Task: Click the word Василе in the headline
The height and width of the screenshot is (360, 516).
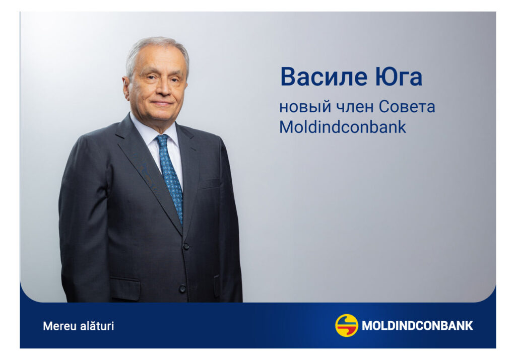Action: click(324, 77)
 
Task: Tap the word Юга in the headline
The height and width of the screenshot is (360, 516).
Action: click(399, 77)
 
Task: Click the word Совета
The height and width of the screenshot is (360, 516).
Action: click(407, 107)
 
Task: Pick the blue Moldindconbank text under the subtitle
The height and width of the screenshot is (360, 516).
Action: click(343, 127)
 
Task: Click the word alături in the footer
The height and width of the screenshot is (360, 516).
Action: click(97, 326)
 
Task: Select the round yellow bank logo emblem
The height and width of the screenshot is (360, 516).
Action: click(347, 325)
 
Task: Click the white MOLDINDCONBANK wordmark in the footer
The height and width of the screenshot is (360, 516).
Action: click(417, 326)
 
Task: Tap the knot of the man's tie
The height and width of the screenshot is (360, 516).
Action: click(162, 140)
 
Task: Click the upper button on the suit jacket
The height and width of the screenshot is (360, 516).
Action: click(186, 246)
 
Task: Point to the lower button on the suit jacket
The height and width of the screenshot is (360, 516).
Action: click(182, 289)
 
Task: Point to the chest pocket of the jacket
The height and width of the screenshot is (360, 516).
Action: click(210, 183)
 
